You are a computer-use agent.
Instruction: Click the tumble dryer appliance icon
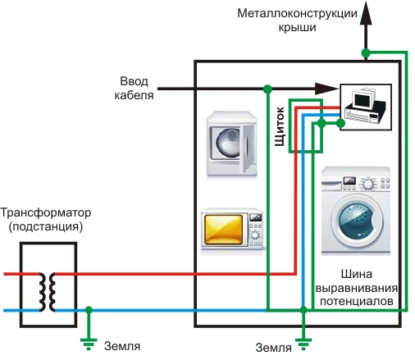(x=235, y=143)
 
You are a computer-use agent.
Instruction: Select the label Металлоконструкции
(x=296, y=14)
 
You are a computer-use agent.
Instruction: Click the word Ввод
(x=133, y=80)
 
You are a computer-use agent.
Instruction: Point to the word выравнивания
(x=358, y=289)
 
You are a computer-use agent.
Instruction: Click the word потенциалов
(x=358, y=302)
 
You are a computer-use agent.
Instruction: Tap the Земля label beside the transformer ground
(x=123, y=344)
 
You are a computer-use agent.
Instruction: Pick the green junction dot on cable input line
(x=267, y=88)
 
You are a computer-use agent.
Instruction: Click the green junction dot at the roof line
(x=367, y=53)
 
